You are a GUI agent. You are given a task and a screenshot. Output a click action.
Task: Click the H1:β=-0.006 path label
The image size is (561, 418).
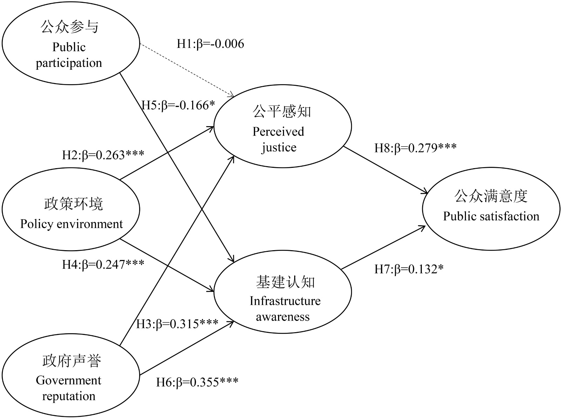[210, 44]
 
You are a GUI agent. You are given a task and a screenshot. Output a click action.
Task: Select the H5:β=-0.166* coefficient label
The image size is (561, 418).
[178, 105]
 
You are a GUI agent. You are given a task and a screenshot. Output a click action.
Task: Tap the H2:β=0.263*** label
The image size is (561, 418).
[103, 155]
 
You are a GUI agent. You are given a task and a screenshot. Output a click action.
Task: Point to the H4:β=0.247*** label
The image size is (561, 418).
[103, 264]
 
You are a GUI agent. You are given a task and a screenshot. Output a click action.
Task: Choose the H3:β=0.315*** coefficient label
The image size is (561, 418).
[177, 324]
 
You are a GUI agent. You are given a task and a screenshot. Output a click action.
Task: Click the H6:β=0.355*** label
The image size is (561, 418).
[197, 382]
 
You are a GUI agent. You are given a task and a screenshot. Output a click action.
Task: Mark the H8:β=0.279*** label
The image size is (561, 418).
[415, 148]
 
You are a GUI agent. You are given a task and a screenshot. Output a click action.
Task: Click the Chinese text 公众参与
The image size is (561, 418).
[70, 27]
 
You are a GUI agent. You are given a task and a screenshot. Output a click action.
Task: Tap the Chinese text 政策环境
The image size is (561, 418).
[74, 204]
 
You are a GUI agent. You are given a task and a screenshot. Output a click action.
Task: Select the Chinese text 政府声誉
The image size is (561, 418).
[72, 361]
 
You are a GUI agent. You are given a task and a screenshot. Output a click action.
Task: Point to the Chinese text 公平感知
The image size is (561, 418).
[282, 111]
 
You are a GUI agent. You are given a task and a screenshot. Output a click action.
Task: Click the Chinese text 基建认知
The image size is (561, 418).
[285, 282]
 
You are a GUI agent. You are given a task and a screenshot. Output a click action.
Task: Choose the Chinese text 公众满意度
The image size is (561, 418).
[491, 196]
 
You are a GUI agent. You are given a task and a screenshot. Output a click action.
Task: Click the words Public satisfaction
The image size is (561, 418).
[491, 216]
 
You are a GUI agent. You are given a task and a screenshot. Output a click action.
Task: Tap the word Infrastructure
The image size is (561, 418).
[285, 301]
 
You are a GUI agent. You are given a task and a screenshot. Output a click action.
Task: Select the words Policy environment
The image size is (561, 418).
[72, 224]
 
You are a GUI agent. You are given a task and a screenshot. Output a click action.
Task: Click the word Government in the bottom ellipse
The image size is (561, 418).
[68, 380]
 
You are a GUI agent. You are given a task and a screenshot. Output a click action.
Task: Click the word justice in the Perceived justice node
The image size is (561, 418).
[279, 148]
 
